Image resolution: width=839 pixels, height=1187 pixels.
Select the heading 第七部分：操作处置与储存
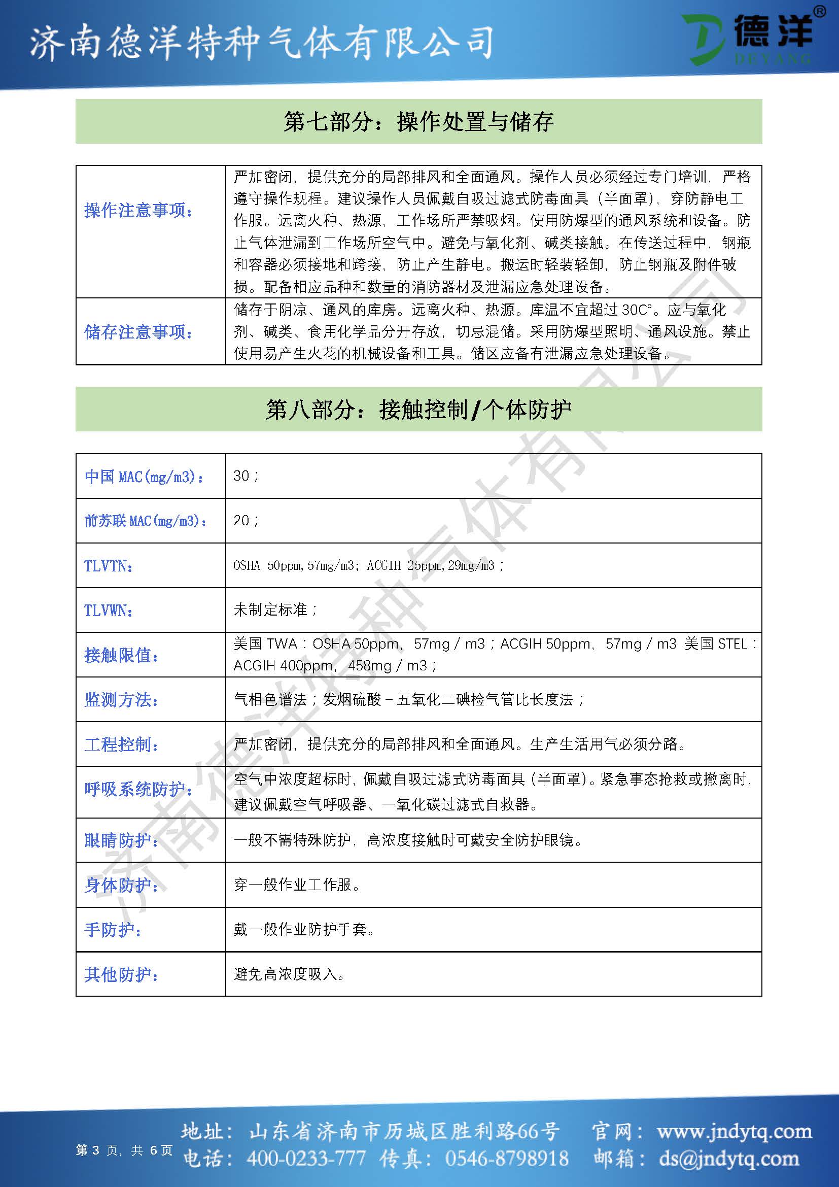pyautogui.click(x=418, y=122)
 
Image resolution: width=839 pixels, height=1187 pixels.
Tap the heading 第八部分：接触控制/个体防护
pyautogui.click(x=418, y=410)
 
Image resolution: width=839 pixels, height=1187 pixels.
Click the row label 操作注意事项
pyautogui.click(x=138, y=211)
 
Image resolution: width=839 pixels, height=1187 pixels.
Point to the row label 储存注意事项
pyautogui.click(x=138, y=332)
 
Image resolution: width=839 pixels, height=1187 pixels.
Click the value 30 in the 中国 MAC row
pyautogui.click(x=241, y=476)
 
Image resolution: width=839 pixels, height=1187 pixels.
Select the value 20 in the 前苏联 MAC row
pyautogui.click(x=241, y=520)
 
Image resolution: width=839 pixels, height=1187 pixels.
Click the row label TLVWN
pyautogui.click(x=109, y=611)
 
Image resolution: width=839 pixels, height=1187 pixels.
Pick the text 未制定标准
pyautogui.click(x=271, y=610)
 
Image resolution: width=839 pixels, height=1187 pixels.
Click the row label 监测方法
pyautogui.click(x=121, y=700)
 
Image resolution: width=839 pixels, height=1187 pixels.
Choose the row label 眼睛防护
pyautogui.click(x=121, y=840)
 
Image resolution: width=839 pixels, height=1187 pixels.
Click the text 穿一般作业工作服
pyautogui.click(x=296, y=885)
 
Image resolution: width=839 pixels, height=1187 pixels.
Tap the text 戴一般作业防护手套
pyautogui.click(x=303, y=929)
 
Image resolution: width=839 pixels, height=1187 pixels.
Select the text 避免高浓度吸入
pyautogui.click(x=289, y=974)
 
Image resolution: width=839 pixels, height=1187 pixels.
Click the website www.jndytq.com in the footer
pyautogui.click(x=734, y=1132)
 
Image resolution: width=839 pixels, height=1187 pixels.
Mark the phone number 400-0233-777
pyautogui.click(x=306, y=1158)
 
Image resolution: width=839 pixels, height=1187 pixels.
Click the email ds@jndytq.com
pyautogui.click(x=729, y=1158)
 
